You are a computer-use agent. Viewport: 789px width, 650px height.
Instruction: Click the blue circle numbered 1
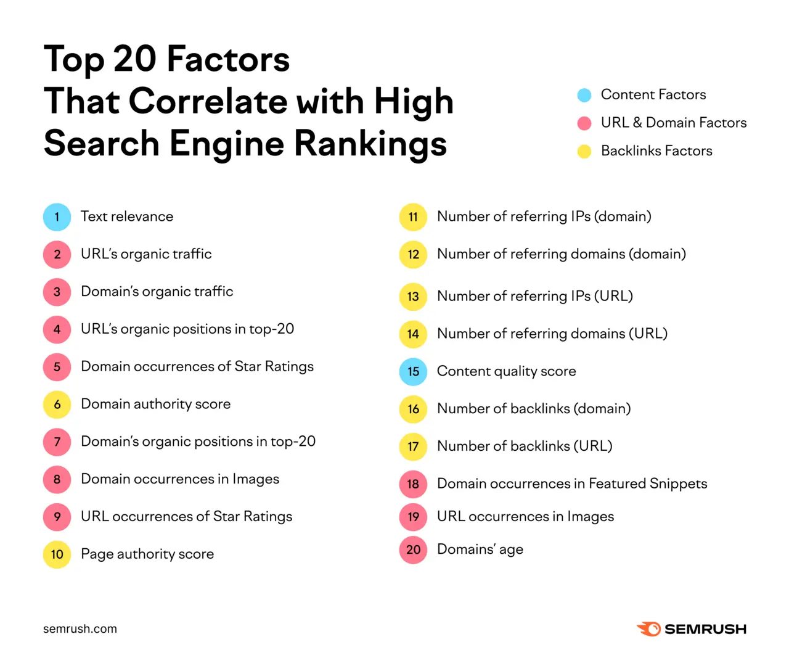[x=57, y=217]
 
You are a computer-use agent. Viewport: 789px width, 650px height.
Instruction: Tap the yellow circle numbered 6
[x=57, y=405]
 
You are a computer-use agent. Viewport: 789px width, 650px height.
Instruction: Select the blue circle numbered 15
[x=413, y=372]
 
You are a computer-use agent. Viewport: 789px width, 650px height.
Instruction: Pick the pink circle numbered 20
[x=413, y=550]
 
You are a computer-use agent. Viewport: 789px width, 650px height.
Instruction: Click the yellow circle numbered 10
[x=57, y=554]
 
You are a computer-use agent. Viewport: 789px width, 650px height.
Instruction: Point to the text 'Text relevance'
[x=127, y=216]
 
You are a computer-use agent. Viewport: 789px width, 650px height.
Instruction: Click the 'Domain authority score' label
[x=155, y=404]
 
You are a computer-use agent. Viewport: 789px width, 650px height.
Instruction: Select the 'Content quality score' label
[x=506, y=371]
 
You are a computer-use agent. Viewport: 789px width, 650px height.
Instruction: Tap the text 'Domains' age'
[x=480, y=549]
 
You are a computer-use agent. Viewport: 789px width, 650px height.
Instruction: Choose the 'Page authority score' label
[x=147, y=554]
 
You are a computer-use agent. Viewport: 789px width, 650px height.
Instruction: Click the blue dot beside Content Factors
[x=584, y=95]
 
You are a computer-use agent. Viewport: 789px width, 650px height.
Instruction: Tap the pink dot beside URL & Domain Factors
[x=584, y=123]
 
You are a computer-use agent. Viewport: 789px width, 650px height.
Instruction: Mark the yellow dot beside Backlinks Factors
[x=584, y=152]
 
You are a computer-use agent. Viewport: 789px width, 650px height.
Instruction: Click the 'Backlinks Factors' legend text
[x=656, y=151]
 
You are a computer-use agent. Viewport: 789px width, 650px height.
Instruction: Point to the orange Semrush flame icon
[x=648, y=629]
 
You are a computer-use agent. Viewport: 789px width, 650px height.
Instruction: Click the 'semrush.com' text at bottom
[x=80, y=629]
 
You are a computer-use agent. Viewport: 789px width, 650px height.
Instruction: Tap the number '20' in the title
[x=134, y=59]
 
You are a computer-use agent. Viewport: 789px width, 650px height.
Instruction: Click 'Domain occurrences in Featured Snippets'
[x=572, y=483]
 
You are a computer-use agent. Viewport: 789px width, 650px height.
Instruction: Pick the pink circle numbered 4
[x=57, y=329]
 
